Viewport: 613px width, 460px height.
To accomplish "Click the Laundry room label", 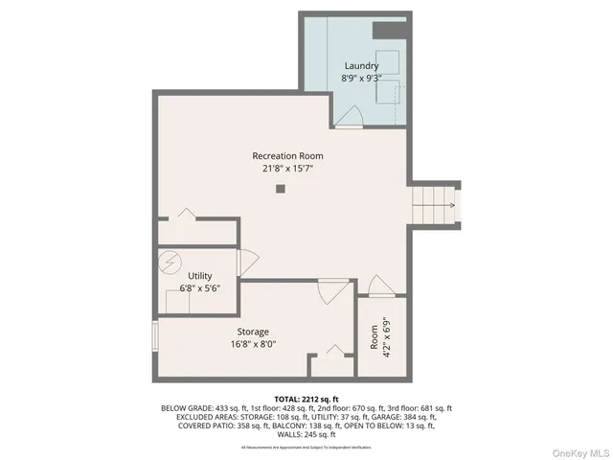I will click(361, 66).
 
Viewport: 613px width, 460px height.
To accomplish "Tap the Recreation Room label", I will click(287, 156).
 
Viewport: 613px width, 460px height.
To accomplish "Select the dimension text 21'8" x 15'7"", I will click(287, 169).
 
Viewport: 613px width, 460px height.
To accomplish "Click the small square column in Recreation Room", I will click(280, 190).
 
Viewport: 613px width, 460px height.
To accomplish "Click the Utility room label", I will click(199, 276).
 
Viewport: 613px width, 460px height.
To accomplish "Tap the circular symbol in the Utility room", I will click(170, 261).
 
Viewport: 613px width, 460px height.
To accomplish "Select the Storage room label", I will click(253, 332).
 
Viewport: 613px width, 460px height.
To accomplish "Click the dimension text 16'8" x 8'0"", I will click(253, 344).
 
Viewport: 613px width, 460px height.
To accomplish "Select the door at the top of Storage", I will click(332, 289).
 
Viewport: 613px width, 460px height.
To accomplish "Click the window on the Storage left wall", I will click(154, 337).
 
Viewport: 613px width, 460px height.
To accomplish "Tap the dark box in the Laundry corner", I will click(386, 29).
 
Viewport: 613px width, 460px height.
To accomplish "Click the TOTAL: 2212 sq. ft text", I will click(306, 398).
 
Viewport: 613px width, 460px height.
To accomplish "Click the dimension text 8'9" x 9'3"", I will click(361, 79).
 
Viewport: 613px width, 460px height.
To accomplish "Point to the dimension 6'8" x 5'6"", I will click(199, 288).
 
